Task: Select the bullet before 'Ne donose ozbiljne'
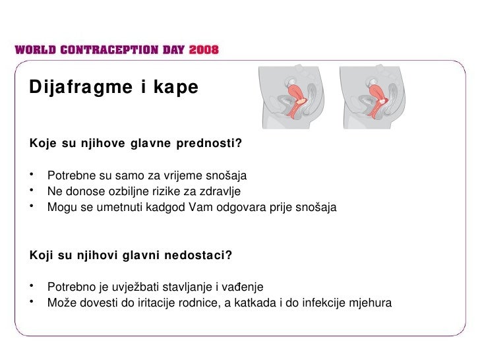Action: (31, 192)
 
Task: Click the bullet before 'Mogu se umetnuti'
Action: (31, 208)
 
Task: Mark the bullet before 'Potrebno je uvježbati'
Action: (31, 287)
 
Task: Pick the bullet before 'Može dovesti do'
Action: (31, 303)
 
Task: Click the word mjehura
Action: (371, 304)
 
